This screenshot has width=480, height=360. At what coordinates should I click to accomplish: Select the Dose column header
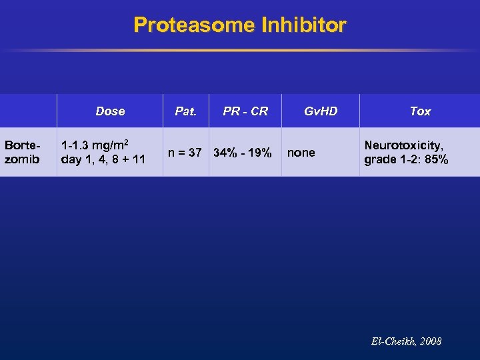tap(110, 111)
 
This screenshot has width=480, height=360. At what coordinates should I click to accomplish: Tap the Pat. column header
tap(185, 111)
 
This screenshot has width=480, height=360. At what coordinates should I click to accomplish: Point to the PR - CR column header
tap(245, 111)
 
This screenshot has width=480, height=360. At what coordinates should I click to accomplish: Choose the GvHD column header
tap(321, 111)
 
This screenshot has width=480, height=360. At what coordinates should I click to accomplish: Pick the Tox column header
tap(420, 111)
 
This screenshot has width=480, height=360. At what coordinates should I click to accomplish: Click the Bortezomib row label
tap(21, 153)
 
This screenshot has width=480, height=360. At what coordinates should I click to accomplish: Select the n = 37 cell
tap(185, 153)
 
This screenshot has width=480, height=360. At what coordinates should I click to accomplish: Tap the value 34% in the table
tap(226, 153)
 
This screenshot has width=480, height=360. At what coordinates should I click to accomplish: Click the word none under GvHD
tap(301, 153)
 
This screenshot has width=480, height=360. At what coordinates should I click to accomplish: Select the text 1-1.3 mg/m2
tap(95, 145)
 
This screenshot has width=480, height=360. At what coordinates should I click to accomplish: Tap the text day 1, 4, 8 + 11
tap(103, 160)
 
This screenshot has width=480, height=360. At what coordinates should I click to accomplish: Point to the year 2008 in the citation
tap(431, 341)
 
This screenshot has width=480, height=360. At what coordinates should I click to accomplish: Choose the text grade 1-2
tap(391, 160)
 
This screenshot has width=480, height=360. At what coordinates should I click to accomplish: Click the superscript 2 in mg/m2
tap(127, 142)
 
